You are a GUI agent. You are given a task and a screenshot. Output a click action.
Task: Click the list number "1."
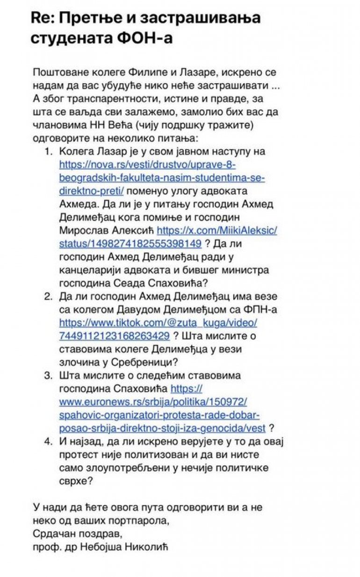click(x=48, y=151)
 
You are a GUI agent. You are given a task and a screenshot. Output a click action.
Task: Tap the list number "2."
click(x=48, y=296)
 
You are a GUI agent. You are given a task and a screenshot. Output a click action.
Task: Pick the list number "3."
click(x=48, y=375)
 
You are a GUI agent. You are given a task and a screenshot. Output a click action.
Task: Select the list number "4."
click(x=48, y=441)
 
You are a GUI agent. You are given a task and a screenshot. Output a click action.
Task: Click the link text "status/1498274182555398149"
click(x=130, y=243)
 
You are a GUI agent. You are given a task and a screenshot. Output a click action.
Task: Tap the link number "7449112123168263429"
click(x=115, y=335)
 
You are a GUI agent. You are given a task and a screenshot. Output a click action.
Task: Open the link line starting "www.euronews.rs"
click(x=153, y=402)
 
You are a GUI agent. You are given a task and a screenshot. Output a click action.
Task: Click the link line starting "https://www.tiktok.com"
click(x=158, y=322)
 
